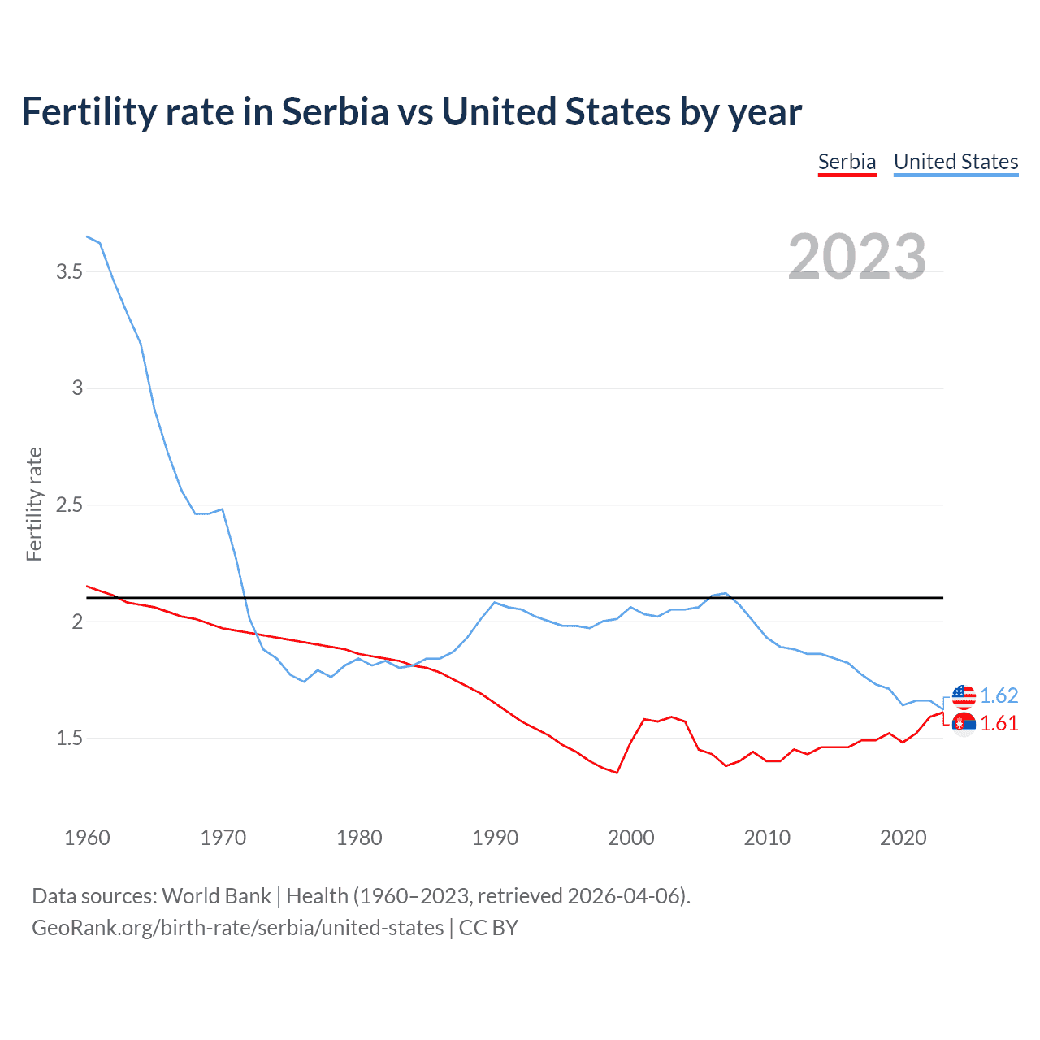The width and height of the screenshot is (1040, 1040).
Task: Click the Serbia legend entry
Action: click(x=847, y=162)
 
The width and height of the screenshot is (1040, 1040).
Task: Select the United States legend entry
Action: click(x=955, y=162)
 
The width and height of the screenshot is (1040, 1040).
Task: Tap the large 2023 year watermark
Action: click(x=857, y=257)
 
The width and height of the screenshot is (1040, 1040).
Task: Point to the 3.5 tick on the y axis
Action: click(x=70, y=271)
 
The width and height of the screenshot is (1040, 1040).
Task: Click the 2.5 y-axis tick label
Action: click(x=70, y=505)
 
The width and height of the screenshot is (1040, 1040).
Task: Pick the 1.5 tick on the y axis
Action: click(x=70, y=739)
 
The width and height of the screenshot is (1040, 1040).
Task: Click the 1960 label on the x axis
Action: click(x=87, y=838)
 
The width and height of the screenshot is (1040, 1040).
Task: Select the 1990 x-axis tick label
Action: click(x=495, y=838)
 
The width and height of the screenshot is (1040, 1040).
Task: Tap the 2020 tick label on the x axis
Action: click(x=903, y=838)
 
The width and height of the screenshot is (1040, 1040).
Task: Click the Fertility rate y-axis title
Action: click(x=34, y=504)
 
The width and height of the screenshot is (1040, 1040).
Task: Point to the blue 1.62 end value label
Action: click(x=999, y=695)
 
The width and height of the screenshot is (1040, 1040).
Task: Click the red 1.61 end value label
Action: click(x=999, y=723)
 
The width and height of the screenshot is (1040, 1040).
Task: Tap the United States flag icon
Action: click(x=964, y=695)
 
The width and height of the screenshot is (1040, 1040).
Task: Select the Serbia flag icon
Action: click(x=964, y=723)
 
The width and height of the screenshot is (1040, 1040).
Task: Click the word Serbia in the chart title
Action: click(x=336, y=112)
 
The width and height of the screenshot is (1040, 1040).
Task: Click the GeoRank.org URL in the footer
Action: click(x=237, y=928)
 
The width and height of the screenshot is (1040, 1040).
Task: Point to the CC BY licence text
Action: click(x=488, y=928)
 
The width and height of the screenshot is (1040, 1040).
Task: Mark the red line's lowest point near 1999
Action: click(x=617, y=773)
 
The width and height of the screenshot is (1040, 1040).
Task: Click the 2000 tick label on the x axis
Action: click(x=630, y=838)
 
